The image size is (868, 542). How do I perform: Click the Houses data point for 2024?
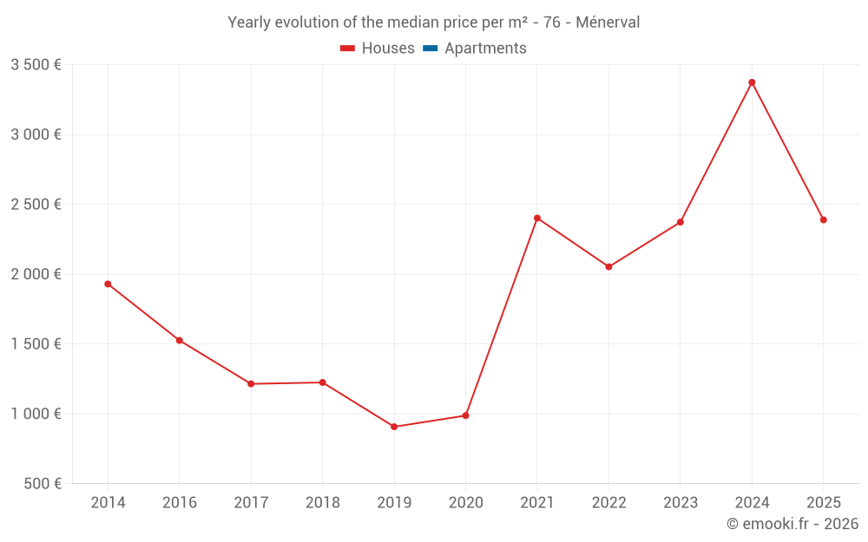(752, 82)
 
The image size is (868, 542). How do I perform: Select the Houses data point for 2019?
(394, 427)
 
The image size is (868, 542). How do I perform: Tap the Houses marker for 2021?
(537, 218)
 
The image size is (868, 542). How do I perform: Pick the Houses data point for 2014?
(108, 284)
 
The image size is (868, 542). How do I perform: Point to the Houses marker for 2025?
(823, 219)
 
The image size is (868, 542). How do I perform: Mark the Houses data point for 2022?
(608, 266)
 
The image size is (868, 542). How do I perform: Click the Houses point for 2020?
(465, 415)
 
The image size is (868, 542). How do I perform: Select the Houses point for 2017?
(251, 383)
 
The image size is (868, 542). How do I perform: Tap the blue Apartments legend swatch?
(430, 49)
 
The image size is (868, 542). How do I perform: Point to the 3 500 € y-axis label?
(36, 65)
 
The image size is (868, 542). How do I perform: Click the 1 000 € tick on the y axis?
(36, 414)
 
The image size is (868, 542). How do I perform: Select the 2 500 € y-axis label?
(36, 205)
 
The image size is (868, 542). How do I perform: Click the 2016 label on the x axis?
(179, 503)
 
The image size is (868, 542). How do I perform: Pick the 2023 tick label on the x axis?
(680, 503)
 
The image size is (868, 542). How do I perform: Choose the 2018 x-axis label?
(322, 503)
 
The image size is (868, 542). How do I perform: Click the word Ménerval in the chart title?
(608, 23)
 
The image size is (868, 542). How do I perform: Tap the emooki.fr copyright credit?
(792, 524)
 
